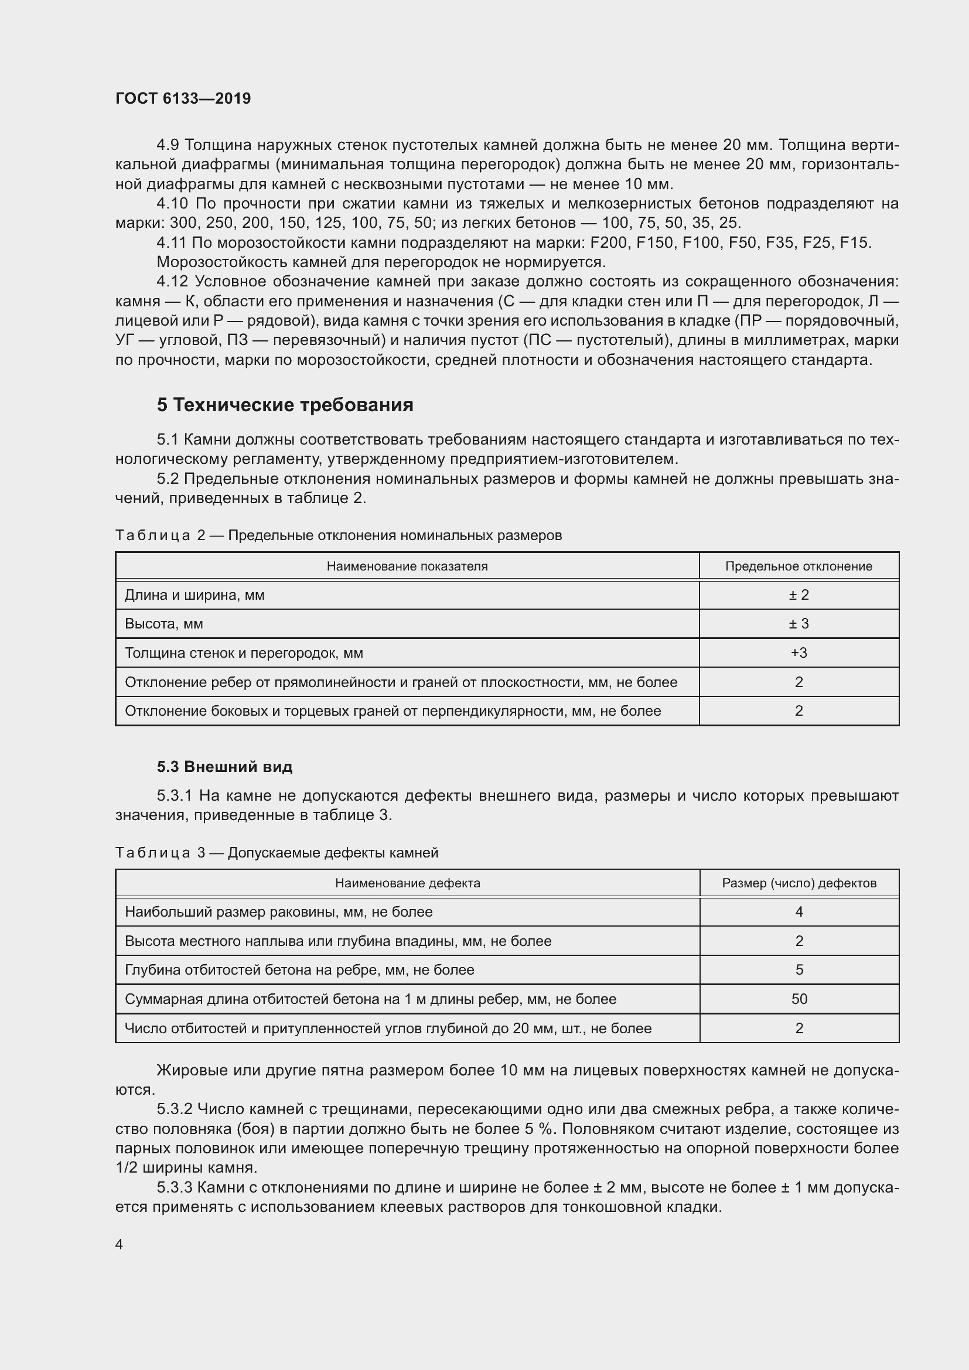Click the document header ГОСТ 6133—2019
[183, 98]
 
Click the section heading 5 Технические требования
[285, 405]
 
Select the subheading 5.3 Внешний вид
[225, 767]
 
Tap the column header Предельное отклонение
[799, 566]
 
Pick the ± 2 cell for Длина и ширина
[799, 595]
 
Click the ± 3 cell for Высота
[799, 624]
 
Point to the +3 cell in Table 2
[799, 652]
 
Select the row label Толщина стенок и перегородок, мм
[244, 652]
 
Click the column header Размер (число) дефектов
[799, 883]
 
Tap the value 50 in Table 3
[799, 999]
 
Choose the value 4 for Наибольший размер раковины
[799, 912]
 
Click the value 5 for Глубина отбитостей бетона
[799, 969]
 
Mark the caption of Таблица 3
[277, 853]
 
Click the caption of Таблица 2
[338, 535]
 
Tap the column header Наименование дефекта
[408, 883]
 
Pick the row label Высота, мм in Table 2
[164, 624]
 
